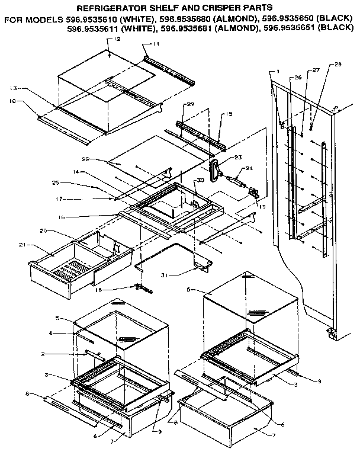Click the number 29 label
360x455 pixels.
point(191,104)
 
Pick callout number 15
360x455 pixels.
point(229,114)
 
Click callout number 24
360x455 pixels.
point(249,168)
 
